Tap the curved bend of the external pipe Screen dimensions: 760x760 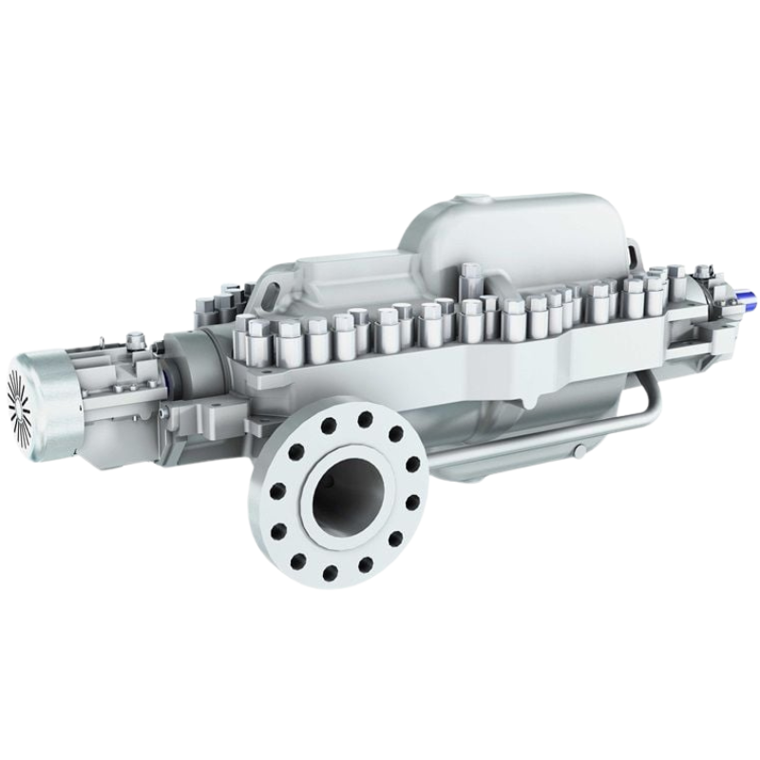[x=645, y=400]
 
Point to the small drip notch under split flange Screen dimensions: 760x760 [x=560, y=363]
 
